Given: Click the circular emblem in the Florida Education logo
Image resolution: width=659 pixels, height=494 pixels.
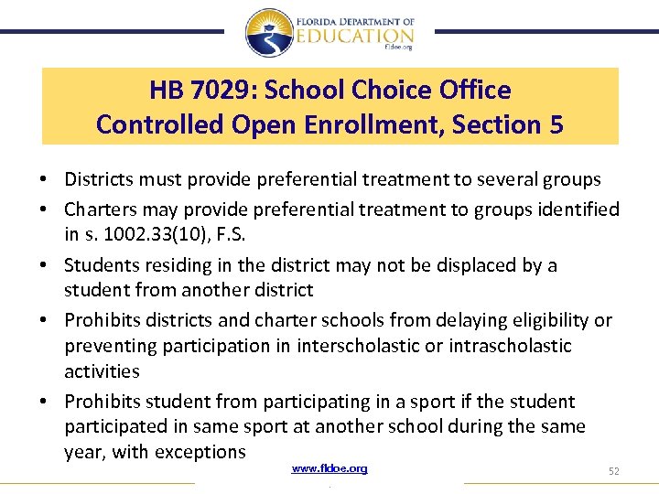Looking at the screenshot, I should tap(269, 33).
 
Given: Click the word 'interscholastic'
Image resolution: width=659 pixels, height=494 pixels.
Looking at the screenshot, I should tap(320, 346).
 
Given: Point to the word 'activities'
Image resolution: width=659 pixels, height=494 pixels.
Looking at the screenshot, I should tap(102, 371).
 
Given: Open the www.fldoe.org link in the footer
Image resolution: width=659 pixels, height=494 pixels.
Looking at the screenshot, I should tap(329, 468).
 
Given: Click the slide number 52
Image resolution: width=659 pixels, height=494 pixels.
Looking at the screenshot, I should tap(613, 470).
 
